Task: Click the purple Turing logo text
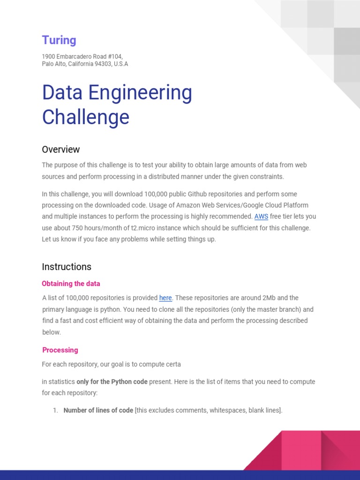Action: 59,40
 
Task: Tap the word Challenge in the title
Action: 85,117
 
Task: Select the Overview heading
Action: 61,150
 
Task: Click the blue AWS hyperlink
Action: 261,217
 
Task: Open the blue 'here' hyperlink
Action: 165,298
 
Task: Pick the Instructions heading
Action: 67,267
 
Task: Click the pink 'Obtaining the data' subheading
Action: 71,284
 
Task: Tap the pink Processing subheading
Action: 60,350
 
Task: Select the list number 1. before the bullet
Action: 55,411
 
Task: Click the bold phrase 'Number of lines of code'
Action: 98,411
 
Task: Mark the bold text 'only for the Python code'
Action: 112,382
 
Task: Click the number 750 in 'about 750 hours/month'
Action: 78,228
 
